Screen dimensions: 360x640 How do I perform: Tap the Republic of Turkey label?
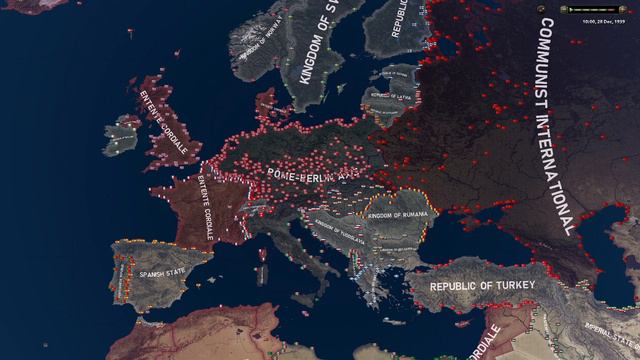[x=483, y=287]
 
